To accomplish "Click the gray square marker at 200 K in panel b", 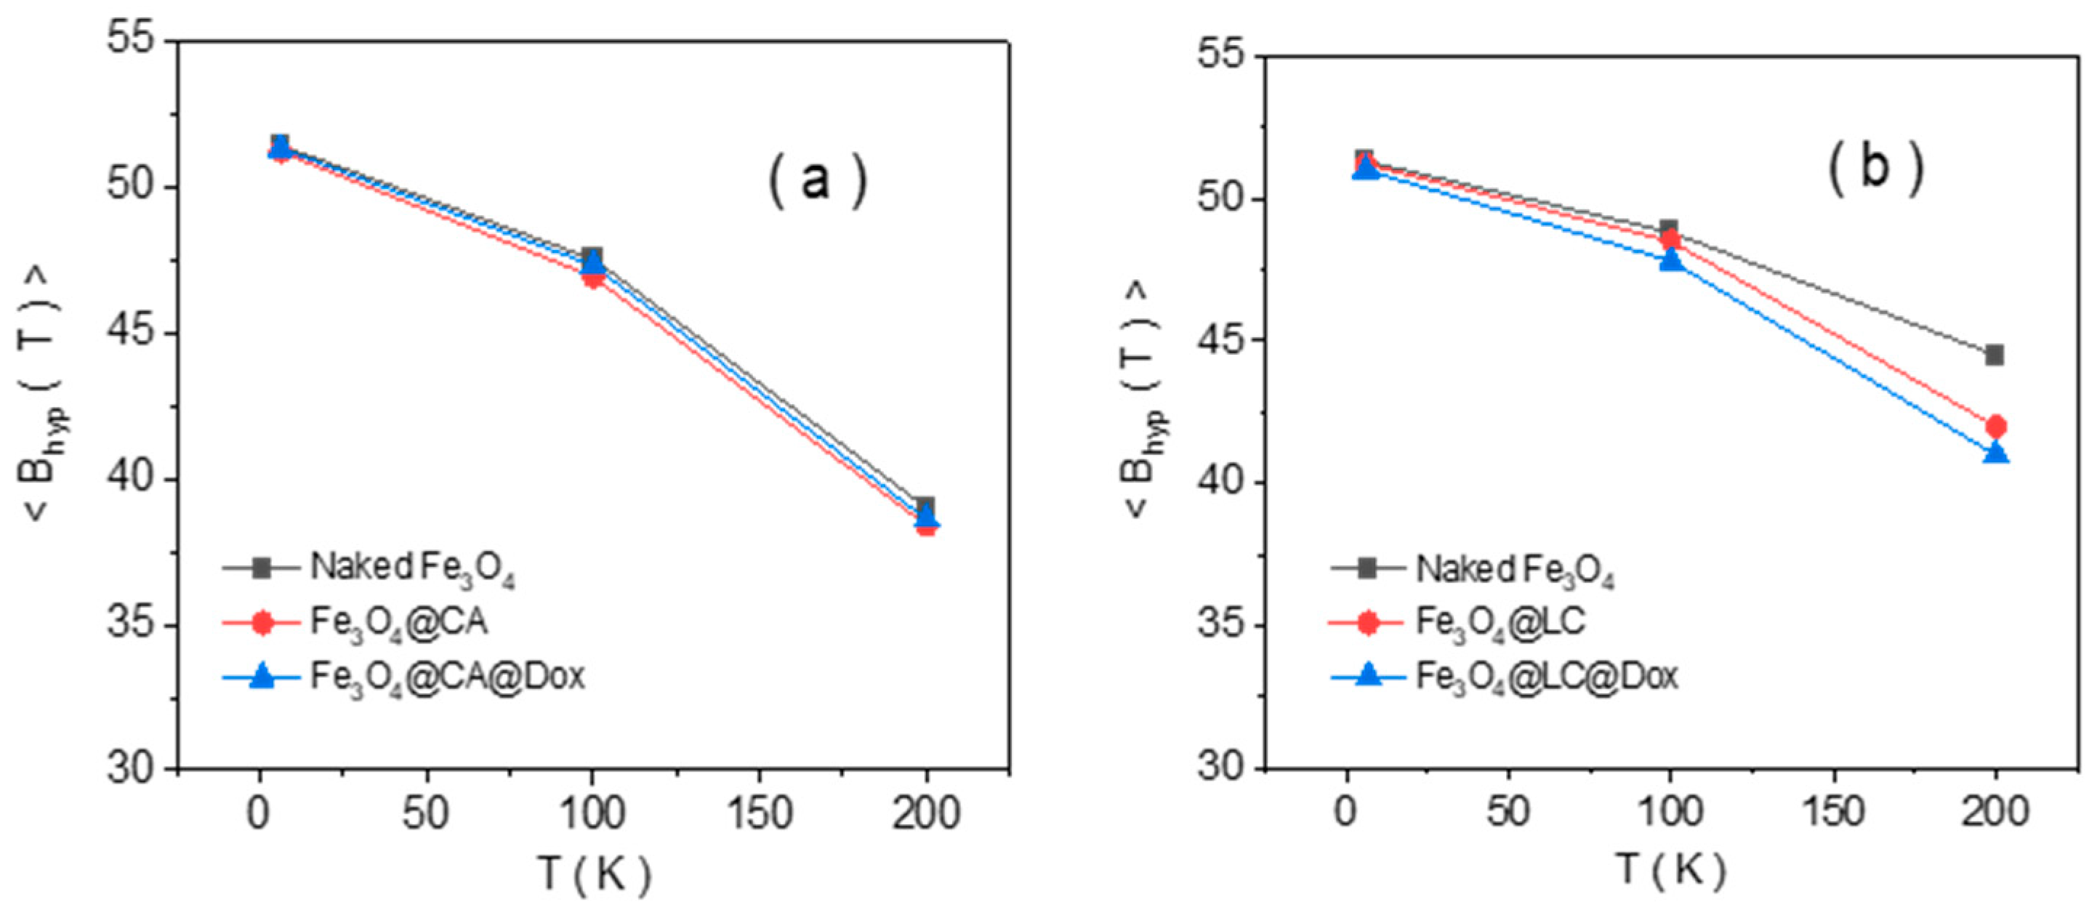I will point(1994,355).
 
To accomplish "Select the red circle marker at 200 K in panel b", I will point(1995,426).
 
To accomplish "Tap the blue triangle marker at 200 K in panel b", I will point(1995,453).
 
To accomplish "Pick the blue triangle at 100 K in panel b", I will point(1671,260).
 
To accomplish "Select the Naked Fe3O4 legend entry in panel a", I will point(411,568).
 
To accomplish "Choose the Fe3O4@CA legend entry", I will point(398,623).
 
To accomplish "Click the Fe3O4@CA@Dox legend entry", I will point(446,677).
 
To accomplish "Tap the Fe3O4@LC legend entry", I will point(1500,623).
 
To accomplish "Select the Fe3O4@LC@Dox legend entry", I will point(1547,677).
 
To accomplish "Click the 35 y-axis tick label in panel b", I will point(1222,625).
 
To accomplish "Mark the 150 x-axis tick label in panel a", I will point(760,814).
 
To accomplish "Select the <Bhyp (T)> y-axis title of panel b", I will point(1144,401).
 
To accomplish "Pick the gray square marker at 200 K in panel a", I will point(925,507).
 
